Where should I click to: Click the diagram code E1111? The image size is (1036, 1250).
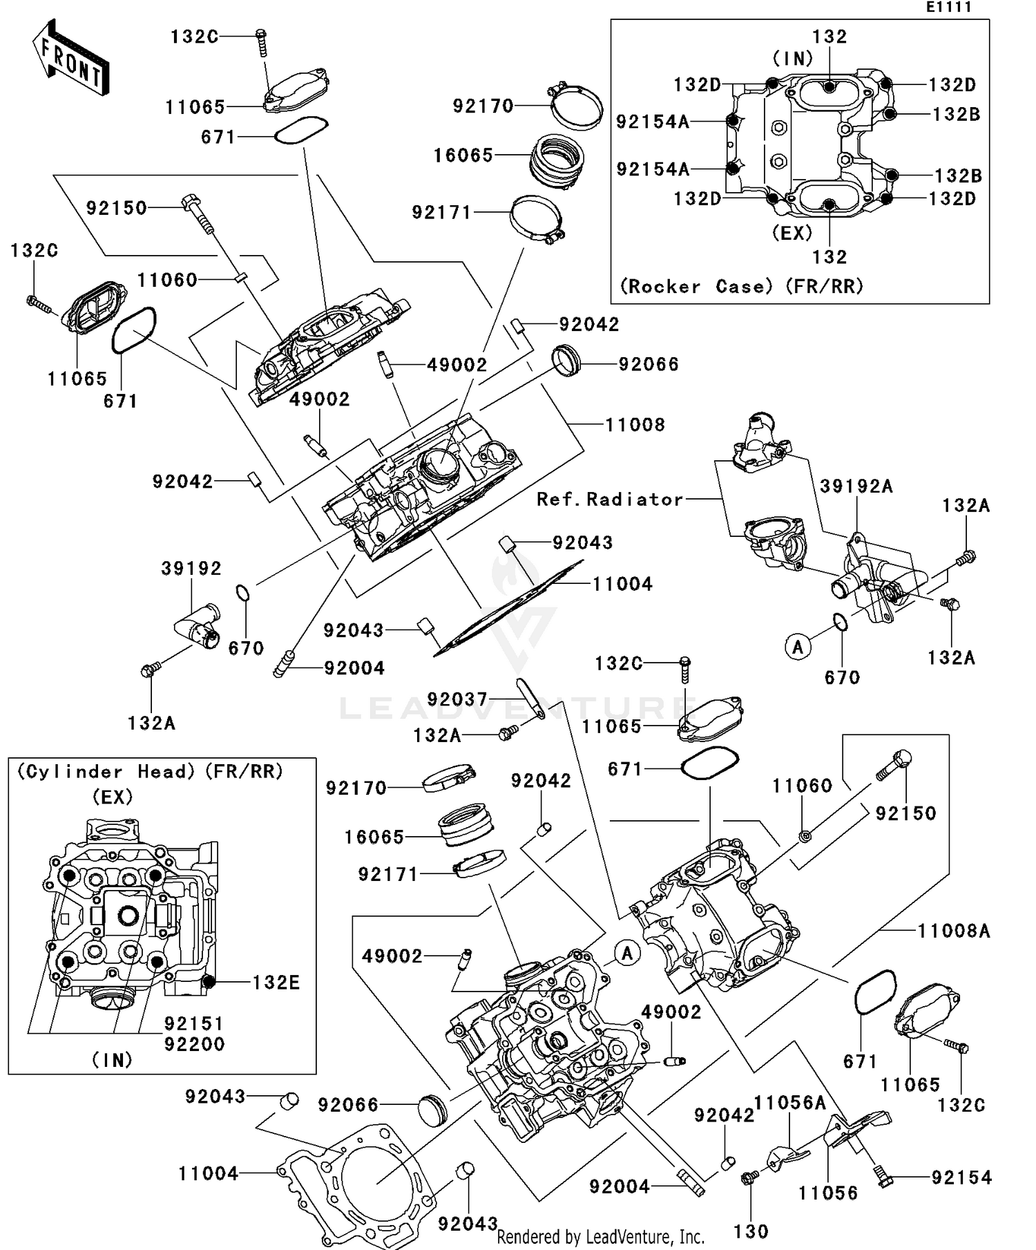[949, 8]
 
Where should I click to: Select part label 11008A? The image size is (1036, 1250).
[954, 931]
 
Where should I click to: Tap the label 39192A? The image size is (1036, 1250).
[856, 486]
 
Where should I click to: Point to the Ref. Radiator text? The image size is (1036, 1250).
[610, 499]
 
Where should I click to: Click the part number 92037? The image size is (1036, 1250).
[457, 699]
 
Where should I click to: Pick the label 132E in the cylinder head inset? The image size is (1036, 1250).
[276, 982]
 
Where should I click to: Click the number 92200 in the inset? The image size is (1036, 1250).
[194, 1044]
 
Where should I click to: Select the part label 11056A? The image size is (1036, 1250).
[789, 1103]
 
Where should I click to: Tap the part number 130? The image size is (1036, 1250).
[751, 1231]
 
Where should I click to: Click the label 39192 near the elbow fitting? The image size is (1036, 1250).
[191, 569]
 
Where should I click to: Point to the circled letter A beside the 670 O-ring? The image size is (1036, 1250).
[798, 647]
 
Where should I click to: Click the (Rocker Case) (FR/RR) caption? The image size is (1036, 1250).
[741, 286]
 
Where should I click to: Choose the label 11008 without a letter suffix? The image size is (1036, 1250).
[635, 424]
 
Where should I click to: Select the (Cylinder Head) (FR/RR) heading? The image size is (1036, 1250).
[150, 771]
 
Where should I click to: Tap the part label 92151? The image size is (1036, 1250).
[194, 1023]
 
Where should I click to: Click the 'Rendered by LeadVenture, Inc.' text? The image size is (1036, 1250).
[600, 1236]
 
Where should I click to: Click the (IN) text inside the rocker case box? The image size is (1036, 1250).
[792, 59]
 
